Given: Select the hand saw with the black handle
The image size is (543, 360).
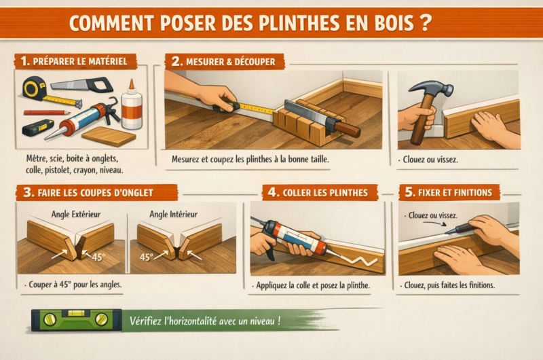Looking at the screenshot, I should point(81,85).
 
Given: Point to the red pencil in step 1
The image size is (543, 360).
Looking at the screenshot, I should point(47,112).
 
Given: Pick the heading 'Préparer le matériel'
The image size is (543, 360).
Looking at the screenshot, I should point(75,61).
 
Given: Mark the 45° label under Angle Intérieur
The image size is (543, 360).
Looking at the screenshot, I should point(146,258).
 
